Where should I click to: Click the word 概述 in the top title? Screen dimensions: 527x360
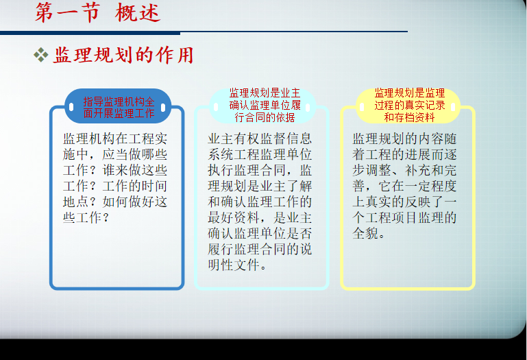pyautogui.click(x=138, y=13)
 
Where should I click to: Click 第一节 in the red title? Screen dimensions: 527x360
pyautogui.click(x=68, y=13)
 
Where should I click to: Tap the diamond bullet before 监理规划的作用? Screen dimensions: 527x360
pyautogui.click(x=41, y=55)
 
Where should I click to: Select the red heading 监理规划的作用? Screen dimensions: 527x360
pyautogui.click(x=123, y=55)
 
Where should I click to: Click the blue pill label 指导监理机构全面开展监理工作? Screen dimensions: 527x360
pyautogui.click(x=119, y=108)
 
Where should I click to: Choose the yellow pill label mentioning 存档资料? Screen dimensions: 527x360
pyautogui.click(x=409, y=105)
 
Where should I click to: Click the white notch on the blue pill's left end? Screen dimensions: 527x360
pyautogui.click(x=71, y=108)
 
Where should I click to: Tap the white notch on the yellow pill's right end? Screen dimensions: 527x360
pyautogui.click(x=453, y=107)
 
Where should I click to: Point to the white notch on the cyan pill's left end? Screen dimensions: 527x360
pyautogui.click(x=216, y=107)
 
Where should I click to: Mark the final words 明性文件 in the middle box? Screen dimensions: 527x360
pyautogui.click(x=234, y=265)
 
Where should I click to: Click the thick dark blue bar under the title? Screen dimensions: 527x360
pyautogui.click(x=90, y=33)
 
